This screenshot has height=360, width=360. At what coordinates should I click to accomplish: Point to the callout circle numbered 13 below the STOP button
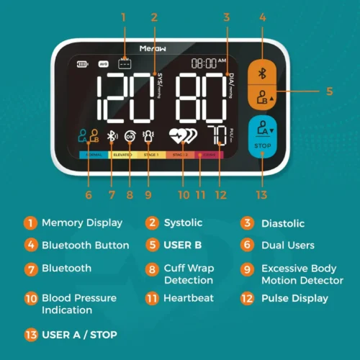pos(262,194)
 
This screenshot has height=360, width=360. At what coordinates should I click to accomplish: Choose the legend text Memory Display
pos(82,223)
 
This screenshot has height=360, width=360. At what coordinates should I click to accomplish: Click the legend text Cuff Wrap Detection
pos(186,274)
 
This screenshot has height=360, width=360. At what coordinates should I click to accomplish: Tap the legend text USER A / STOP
pos(79,334)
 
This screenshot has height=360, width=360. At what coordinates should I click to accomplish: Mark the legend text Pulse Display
pos(294,297)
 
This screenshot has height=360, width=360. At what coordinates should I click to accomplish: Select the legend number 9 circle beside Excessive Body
pos(247,268)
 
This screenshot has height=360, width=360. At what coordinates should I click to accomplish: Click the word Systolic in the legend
pos(184,223)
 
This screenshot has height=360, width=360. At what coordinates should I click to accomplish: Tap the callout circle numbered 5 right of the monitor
pos(329,91)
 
